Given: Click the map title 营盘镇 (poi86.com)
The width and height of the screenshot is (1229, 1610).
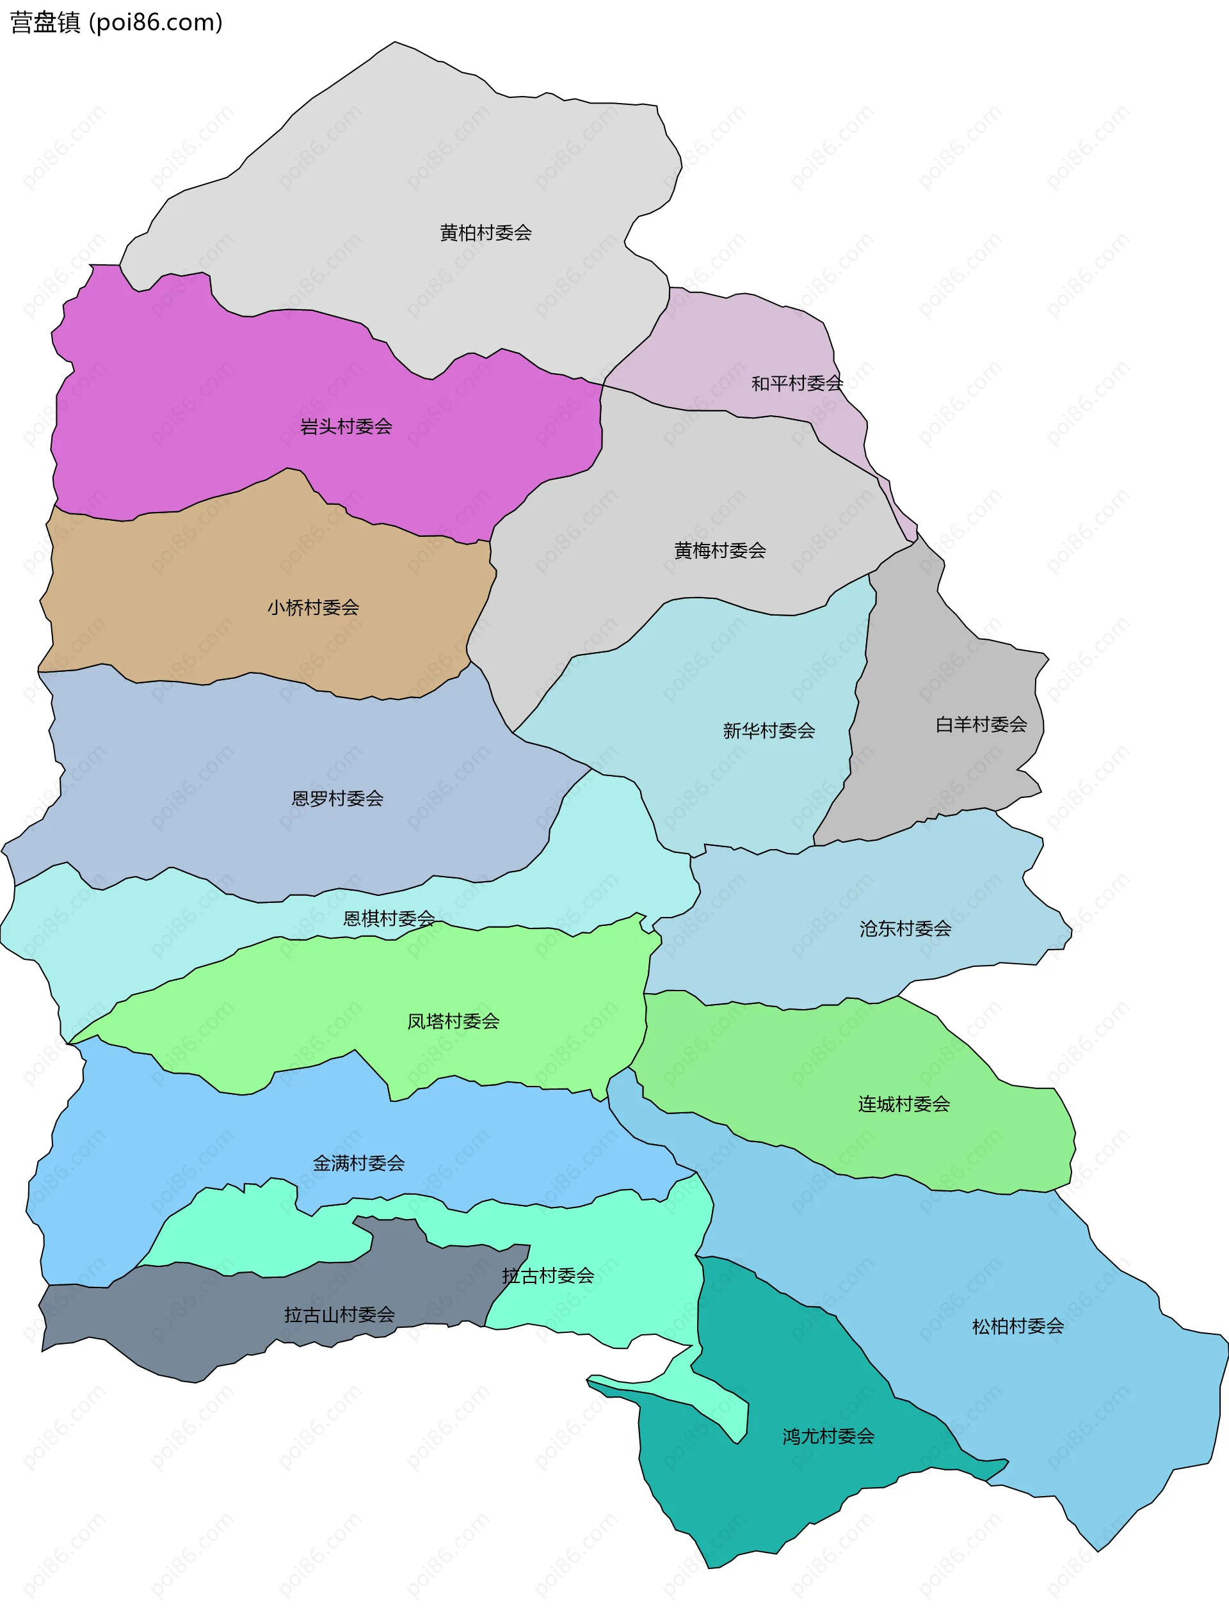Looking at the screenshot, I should (x=116, y=22).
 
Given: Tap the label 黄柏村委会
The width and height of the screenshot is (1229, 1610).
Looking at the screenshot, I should (x=485, y=232).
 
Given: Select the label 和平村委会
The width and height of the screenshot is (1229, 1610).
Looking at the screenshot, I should (x=797, y=383).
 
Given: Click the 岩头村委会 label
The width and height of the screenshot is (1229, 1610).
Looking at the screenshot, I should (x=346, y=426).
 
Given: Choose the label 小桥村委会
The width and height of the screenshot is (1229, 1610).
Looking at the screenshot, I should (x=313, y=607).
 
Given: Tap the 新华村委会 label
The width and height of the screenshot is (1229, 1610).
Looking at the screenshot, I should (x=768, y=730).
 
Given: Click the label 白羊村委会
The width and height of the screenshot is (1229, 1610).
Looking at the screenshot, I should (x=981, y=724).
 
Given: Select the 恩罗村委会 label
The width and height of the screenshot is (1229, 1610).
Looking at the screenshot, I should (x=337, y=799).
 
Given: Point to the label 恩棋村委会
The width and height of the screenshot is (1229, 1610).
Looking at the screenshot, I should (x=389, y=918).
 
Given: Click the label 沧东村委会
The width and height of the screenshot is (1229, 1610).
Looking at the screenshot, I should (x=905, y=929).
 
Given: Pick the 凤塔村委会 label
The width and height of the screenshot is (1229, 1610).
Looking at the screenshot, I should (x=453, y=1021).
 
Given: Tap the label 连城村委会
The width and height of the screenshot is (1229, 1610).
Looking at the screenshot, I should (x=903, y=1104).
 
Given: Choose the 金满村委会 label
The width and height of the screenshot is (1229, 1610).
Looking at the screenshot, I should (x=358, y=1163).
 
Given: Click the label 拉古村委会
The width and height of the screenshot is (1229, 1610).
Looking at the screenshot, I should (x=548, y=1276).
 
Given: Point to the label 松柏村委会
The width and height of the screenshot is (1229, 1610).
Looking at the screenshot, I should (x=1018, y=1327).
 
